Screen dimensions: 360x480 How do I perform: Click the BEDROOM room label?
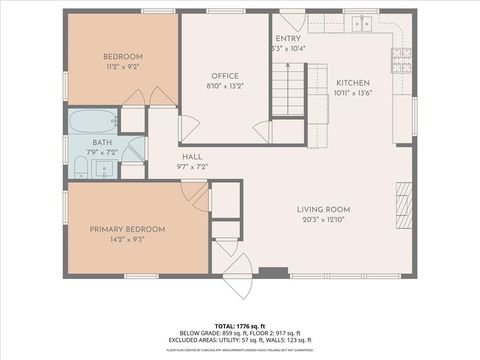pyautogui.click(x=123, y=56)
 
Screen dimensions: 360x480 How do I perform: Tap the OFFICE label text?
pyautogui.click(x=223, y=76)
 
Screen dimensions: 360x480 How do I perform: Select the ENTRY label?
pyautogui.click(x=289, y=38)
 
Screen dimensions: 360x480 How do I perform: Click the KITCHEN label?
pyautogui.click(x=353, y=83)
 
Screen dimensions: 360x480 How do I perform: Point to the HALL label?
pyautogui.click(x=193, y=157)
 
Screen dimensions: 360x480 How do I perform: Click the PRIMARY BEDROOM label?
pyautogui.click(x=127, y=229)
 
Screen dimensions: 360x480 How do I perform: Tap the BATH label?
pyautogui.click(x=102, y=143)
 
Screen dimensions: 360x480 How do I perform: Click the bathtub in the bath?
pyautogui.click(x=90, y=123)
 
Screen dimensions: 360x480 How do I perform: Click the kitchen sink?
pyautogui.click(x=362, y=21)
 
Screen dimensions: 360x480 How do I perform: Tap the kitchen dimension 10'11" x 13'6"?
pyautogui.click(x=353, y=93)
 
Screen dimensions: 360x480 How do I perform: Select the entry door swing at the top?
pyautogui.click(x=291, y=20)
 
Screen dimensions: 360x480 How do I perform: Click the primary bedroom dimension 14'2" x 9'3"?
pyautogui.click(x=127, y=239)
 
